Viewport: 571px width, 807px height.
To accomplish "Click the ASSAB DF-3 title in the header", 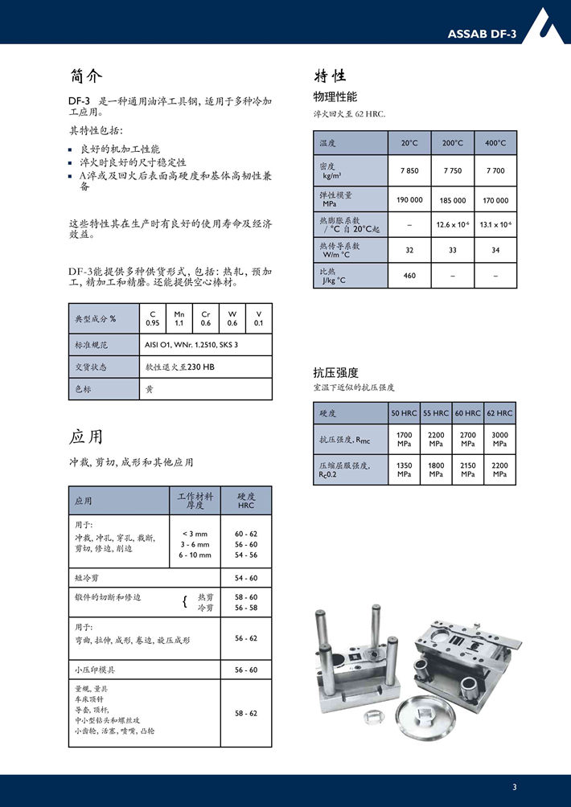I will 482,33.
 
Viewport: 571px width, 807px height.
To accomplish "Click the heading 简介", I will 86,76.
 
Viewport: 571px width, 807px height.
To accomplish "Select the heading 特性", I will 330,76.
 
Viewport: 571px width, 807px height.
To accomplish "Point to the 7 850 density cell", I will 409,170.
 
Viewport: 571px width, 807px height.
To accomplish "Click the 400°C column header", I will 495,143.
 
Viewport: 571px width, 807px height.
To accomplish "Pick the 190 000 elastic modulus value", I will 409,200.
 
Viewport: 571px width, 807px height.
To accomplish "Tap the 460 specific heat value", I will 409,276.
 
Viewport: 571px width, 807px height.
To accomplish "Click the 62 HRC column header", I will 499,413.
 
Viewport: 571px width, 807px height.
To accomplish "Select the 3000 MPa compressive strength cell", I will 499,439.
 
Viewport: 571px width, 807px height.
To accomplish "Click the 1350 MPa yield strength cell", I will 404,469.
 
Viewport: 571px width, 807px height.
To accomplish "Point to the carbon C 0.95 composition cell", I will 152,318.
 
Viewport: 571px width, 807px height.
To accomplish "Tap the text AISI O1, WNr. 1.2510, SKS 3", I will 191,344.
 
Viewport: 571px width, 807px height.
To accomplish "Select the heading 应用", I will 86,437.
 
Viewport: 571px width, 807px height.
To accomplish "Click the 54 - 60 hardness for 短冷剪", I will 246,578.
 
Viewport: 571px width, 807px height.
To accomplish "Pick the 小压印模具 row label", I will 95,670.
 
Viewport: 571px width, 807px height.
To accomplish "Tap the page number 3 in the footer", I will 515,786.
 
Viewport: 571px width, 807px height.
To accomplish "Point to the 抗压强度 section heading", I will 335,373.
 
